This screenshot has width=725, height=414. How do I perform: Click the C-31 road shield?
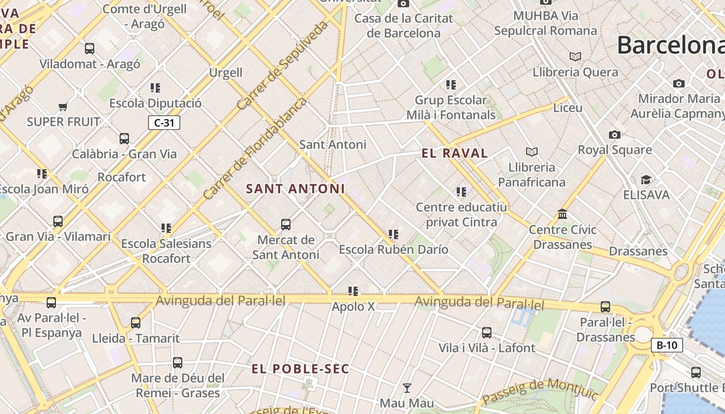click(164, 123)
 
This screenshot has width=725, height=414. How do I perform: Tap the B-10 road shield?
click(667, 345)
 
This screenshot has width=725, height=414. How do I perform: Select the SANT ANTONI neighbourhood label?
click(295, 189)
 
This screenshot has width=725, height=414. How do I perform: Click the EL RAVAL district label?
click(455, 153)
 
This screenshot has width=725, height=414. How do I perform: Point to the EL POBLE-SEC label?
click(300, 369)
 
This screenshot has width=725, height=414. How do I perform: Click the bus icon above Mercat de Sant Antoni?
click(286, 225)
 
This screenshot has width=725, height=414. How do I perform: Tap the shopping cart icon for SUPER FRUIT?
click(63, 107)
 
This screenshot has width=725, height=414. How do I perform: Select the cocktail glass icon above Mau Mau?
click(407, 388)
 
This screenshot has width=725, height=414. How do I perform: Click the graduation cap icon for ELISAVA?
click(646, 180)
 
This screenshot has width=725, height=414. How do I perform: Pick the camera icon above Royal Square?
click(615, 135)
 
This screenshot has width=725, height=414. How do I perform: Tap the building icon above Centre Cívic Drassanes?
click(562, 214)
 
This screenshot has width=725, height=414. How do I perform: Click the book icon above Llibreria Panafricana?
click(532, 152)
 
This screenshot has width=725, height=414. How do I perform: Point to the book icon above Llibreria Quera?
click(575, 56)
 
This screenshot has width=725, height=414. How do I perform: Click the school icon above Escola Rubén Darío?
click(394, 234)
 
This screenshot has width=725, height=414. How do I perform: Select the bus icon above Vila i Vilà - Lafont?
click(487, 333)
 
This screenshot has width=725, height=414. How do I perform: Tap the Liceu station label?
click(568, 108)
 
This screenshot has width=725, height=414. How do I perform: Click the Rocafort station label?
click(122, 177)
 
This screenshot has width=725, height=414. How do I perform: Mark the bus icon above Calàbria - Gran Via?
click(124, 139)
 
